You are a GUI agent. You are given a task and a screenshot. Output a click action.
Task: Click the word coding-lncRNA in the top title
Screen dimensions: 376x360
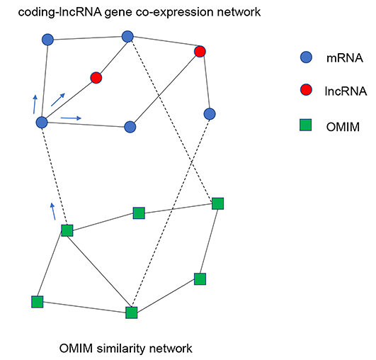click(x=60, y=12)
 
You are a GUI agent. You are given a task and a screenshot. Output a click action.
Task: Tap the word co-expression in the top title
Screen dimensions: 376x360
click(x=174, y=12)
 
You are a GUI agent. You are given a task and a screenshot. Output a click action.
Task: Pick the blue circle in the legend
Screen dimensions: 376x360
click(x=306, y=57)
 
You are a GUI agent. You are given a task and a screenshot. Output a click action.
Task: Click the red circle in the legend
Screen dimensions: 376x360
click(x=306, y=90)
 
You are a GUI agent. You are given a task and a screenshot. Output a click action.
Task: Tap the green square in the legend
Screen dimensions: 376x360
click(x=305, y=125)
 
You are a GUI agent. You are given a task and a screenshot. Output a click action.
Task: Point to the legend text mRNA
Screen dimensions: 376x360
click(x=345, y=58)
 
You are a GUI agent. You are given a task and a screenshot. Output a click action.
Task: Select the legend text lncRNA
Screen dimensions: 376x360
click(x=346, y=91)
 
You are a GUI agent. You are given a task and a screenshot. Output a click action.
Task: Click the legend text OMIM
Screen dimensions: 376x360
click(x=343, y=127)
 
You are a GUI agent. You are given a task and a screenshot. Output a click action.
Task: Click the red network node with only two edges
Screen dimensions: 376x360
click(x=96, y=77)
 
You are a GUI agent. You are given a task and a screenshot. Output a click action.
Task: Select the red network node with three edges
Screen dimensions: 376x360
click(x=200, y=51)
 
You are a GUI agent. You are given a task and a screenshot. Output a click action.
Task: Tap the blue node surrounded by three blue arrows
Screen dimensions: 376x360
click(x=42, y=123)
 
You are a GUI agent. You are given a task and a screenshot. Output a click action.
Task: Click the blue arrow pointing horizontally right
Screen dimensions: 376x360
click(x=71, y=118)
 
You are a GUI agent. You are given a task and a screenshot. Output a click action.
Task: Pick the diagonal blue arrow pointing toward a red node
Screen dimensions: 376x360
click(x=58, y=99)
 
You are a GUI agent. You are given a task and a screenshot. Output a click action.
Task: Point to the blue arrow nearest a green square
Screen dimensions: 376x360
click(x=53, y=211)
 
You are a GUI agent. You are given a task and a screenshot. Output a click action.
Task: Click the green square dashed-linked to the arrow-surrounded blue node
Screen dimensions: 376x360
click(x=67, y=230)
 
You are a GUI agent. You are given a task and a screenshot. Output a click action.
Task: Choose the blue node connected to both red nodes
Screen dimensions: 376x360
click(x=127, y=36)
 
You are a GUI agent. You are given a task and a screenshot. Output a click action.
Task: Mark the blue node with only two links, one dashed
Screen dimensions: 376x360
click(x=210, y=114)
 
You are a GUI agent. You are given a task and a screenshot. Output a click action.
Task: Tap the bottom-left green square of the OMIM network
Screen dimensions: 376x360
click(x=37, y=302)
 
